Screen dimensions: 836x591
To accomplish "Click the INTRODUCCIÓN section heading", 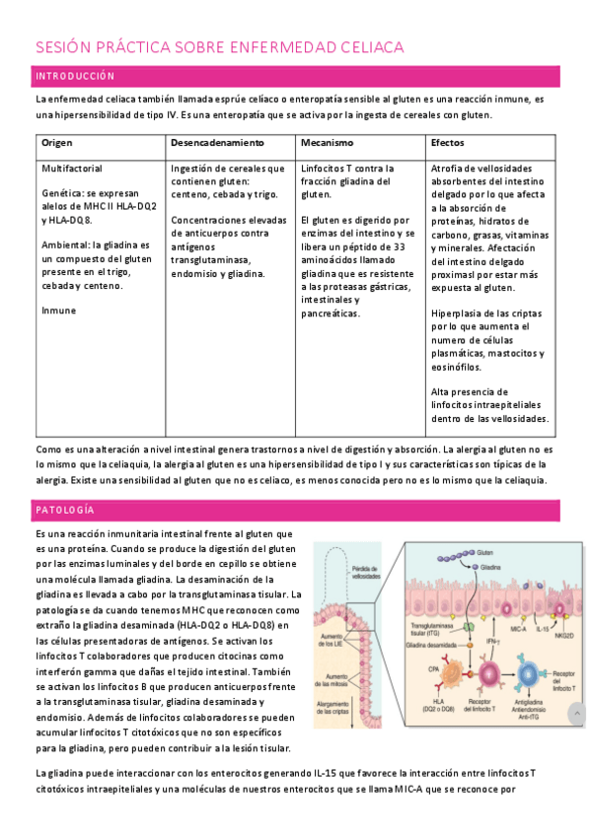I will click(75, 76).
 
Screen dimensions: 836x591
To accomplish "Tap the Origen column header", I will click(57, 143).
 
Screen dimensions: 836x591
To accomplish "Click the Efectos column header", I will click(449, 143).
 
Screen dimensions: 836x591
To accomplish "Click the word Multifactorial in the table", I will click(72, 169).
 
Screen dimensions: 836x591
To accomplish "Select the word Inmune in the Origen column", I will click(58, 311).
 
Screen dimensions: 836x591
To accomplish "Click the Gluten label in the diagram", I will click(484, 554).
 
